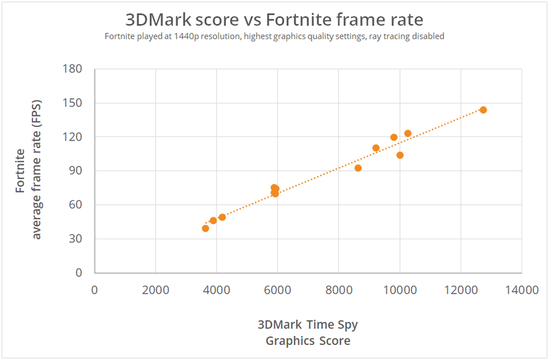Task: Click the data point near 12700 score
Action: (483, 110)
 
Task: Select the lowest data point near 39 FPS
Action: (205, 228)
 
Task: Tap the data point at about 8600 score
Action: (358, 168)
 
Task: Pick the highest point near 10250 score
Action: (408, 134)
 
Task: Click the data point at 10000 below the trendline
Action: (400, 155)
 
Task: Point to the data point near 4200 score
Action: (222, 217)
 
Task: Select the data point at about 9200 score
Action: (376, 148)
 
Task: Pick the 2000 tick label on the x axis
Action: (156, 290)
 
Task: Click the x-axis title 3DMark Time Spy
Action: (307, 324)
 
